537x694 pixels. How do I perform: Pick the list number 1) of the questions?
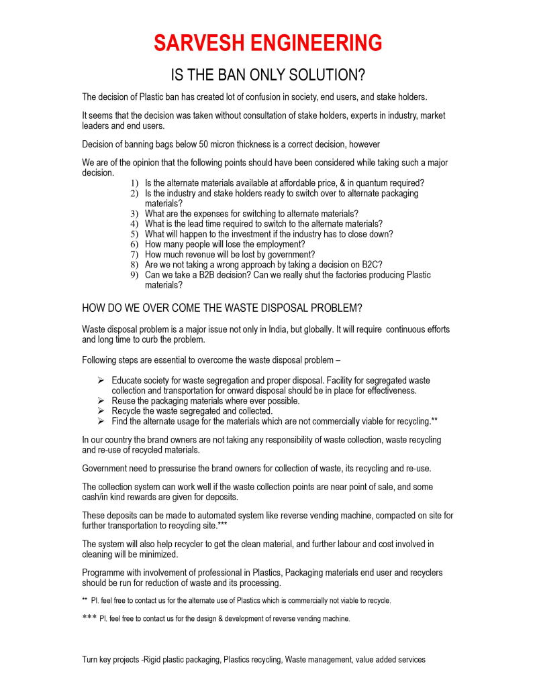coord(135,183)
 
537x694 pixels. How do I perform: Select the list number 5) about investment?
coord(135,234)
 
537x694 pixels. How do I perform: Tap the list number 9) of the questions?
coord(135,275)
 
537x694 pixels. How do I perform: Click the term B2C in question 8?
coord(373,265)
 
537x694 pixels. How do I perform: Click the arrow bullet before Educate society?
coord(101,380)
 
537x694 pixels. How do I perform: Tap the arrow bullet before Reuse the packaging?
coord(101,400)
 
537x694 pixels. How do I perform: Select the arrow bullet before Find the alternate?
coord(101,421)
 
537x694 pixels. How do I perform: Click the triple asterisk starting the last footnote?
coord(89,618)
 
